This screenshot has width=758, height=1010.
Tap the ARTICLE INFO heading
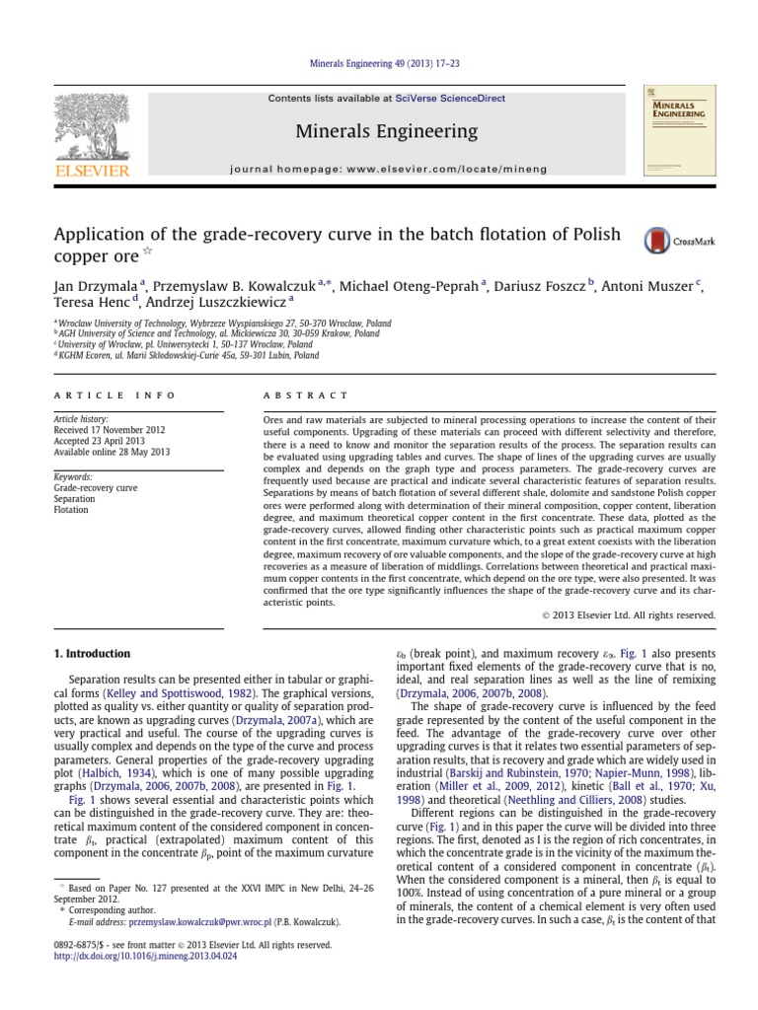click(x=114, y=395)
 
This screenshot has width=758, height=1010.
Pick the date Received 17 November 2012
click(x=109, y=429)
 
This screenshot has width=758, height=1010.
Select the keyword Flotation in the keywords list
click(x=71, y=510)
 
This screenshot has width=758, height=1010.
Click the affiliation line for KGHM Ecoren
click(x=188, y=356)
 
